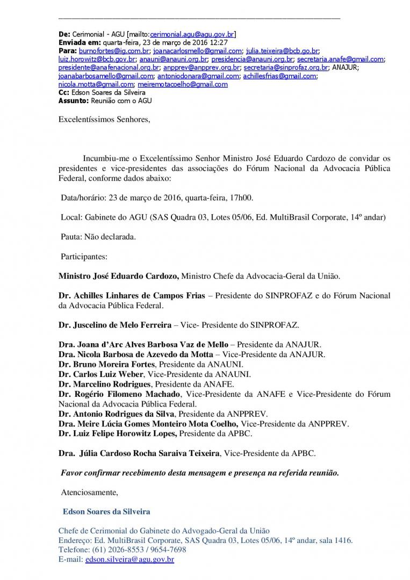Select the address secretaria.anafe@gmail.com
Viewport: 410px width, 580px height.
(340, 59)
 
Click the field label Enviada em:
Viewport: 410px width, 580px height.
(78, 42)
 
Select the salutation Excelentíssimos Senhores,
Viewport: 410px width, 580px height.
(104, 120)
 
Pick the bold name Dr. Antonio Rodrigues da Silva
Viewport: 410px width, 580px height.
(116, 414)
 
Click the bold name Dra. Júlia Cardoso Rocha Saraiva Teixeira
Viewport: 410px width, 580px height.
(139, 453)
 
